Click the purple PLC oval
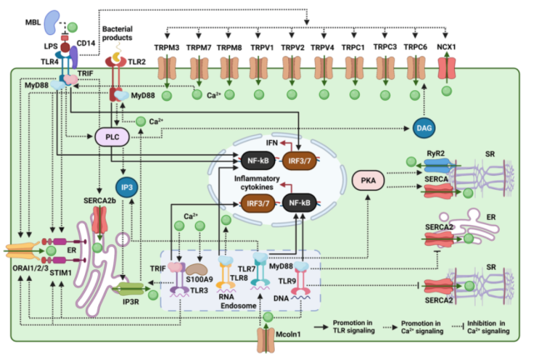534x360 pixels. pyautogui.click(x=109, y=137)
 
